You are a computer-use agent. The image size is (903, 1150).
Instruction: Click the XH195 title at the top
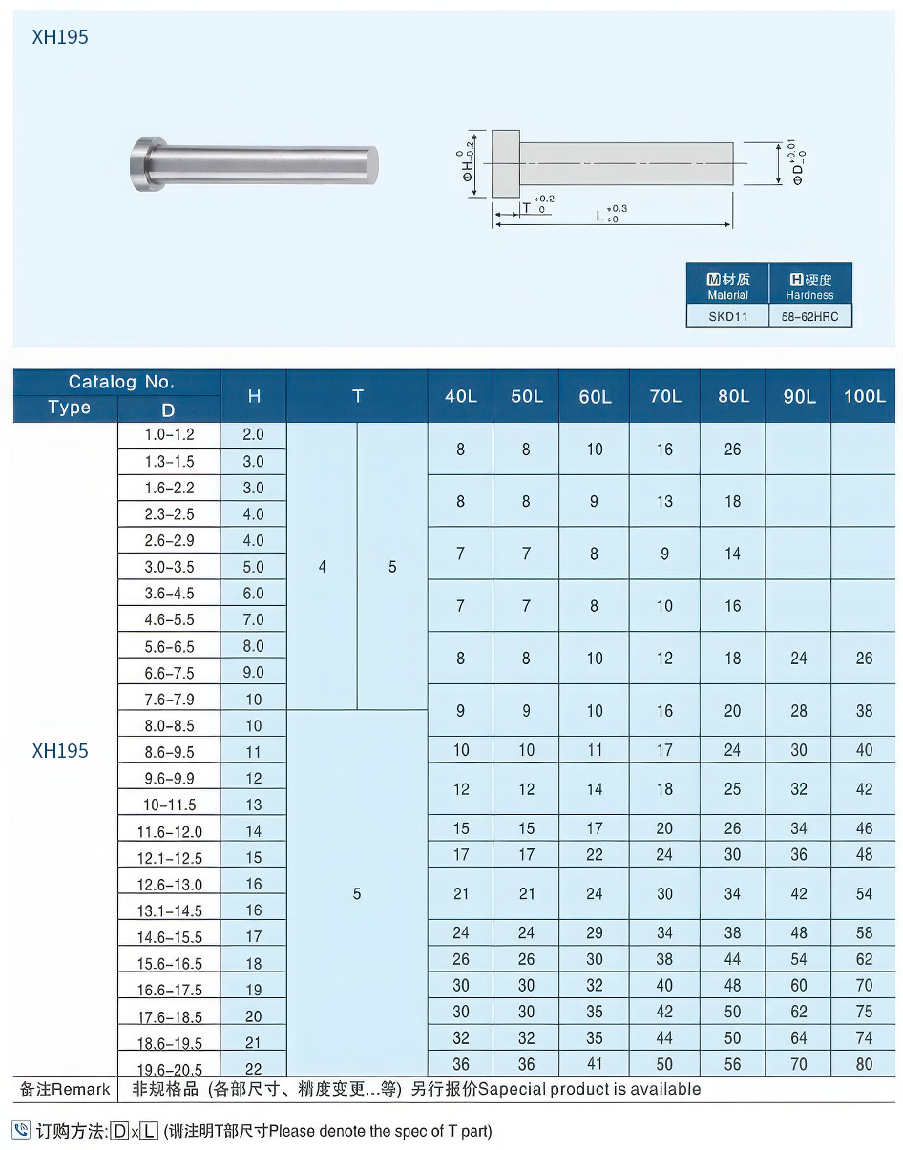60,37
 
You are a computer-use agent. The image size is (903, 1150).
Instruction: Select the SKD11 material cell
727,316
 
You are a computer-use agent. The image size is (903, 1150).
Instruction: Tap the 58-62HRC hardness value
809,316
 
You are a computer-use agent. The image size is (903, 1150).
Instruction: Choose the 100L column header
864,396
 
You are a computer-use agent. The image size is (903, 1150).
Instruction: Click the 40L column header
461,396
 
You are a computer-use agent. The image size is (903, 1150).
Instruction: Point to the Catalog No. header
121,382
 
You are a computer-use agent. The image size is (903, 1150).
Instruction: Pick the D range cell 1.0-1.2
169,434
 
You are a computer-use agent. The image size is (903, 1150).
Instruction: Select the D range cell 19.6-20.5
170,1069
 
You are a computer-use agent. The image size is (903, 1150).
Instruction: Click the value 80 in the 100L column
864,1064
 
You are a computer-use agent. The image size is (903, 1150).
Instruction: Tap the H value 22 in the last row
253,1069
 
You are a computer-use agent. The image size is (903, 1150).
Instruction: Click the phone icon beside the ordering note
21,1130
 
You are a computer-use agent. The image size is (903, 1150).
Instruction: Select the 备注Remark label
65,1089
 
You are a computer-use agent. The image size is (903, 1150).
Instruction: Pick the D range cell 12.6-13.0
170,885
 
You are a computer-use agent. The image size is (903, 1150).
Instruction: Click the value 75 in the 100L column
864,1012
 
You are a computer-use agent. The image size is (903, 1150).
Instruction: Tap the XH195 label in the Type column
60,751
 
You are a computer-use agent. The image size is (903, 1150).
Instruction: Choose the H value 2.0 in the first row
253,434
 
